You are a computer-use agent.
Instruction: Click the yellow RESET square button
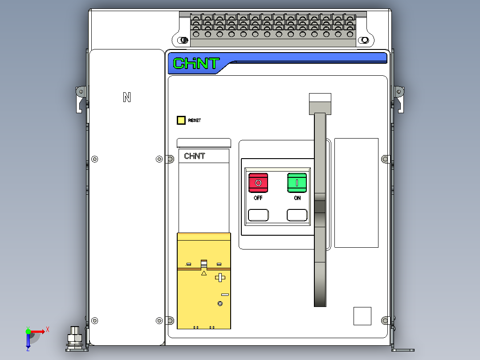click(181, 120)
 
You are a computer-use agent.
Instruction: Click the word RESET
click(195, 120)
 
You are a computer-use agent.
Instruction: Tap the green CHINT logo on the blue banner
click(196, 63)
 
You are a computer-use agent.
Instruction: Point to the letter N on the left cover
click(127, 98)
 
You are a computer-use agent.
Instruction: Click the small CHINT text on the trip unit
click(195, 156)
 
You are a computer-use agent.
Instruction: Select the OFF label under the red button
click(258, 198)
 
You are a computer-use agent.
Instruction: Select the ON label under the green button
click(297, 198)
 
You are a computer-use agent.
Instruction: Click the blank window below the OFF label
click(258, 215)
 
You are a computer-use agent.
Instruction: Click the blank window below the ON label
click(297, 215)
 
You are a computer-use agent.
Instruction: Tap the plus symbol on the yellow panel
click(220, 278)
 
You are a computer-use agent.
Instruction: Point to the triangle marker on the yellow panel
click(204, 273)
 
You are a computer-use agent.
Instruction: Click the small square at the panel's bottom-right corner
click(362, 316)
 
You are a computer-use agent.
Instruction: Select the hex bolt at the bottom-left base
click(75, 339)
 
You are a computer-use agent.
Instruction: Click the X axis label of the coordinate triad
click(48, 330)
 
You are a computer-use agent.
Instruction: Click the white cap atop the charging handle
click(320, 98)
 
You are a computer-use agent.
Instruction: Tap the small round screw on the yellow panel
click(220, 303)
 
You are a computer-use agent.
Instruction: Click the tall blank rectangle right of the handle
click(356, 193)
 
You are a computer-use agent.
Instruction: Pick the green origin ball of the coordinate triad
click(28, 331)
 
